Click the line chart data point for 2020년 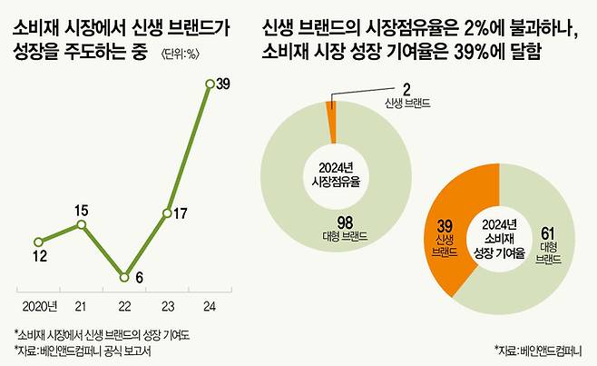[x=37, y=242]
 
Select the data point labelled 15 [x=82, y=224]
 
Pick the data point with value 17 [x=167, y=214]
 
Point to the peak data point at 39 [x=210, y=84]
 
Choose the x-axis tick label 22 [x=124, y=302]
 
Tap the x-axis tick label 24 [x=210, y=302]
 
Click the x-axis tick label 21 [x=82, y=302]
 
